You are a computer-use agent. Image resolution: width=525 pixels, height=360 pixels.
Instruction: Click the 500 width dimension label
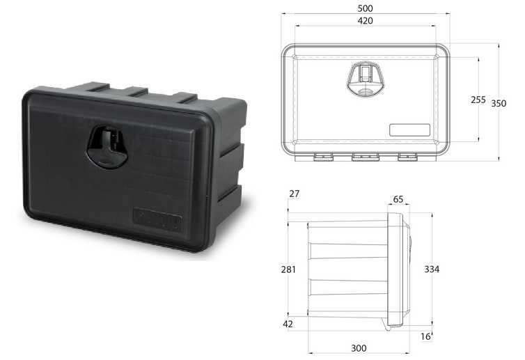pos(365,8)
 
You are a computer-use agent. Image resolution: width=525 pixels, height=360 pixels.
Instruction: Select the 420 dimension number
pos(365,21)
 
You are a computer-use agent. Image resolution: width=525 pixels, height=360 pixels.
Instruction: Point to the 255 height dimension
pos(478,100)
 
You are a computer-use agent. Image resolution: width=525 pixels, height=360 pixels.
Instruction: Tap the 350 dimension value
pos(499,104)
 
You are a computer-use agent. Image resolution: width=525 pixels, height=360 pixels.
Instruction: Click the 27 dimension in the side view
pos(295,194)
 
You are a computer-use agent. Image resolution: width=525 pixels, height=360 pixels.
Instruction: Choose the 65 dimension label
pos(398,200)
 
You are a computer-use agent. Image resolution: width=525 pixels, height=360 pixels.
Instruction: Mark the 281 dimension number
pos(288,269)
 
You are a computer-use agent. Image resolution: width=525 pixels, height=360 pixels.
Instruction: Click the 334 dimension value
pos(432,269)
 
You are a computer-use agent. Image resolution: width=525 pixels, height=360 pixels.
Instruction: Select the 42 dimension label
pos(288,324)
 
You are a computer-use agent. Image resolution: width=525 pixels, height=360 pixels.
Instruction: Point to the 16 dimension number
pos(425,336)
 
